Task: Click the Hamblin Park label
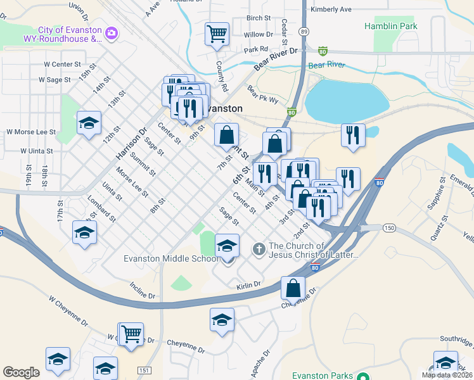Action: [390, 27]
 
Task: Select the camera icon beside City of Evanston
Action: [112, 32]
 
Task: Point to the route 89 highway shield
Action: [305, 30]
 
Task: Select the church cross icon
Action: [259, 249]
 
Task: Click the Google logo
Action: [21, 372]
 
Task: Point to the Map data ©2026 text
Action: [447, 375]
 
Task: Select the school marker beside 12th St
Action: [89, 123]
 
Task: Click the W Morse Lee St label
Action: [31, 132]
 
